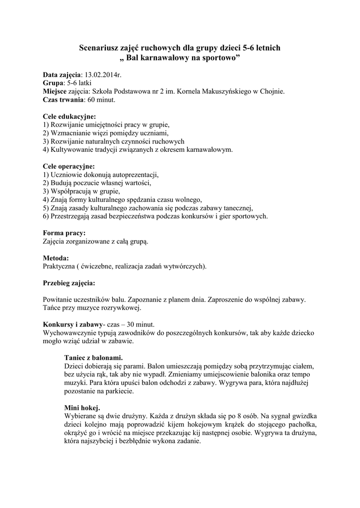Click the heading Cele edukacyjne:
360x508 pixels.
[x=70, y=117]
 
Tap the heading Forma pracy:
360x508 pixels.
[x=64, y=233]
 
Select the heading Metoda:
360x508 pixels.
[x=56, y=258]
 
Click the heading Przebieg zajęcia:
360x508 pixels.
[x=69, y=283]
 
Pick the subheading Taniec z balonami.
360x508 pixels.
[x=94, y=357]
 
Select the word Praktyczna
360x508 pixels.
[x=59, y=266]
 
